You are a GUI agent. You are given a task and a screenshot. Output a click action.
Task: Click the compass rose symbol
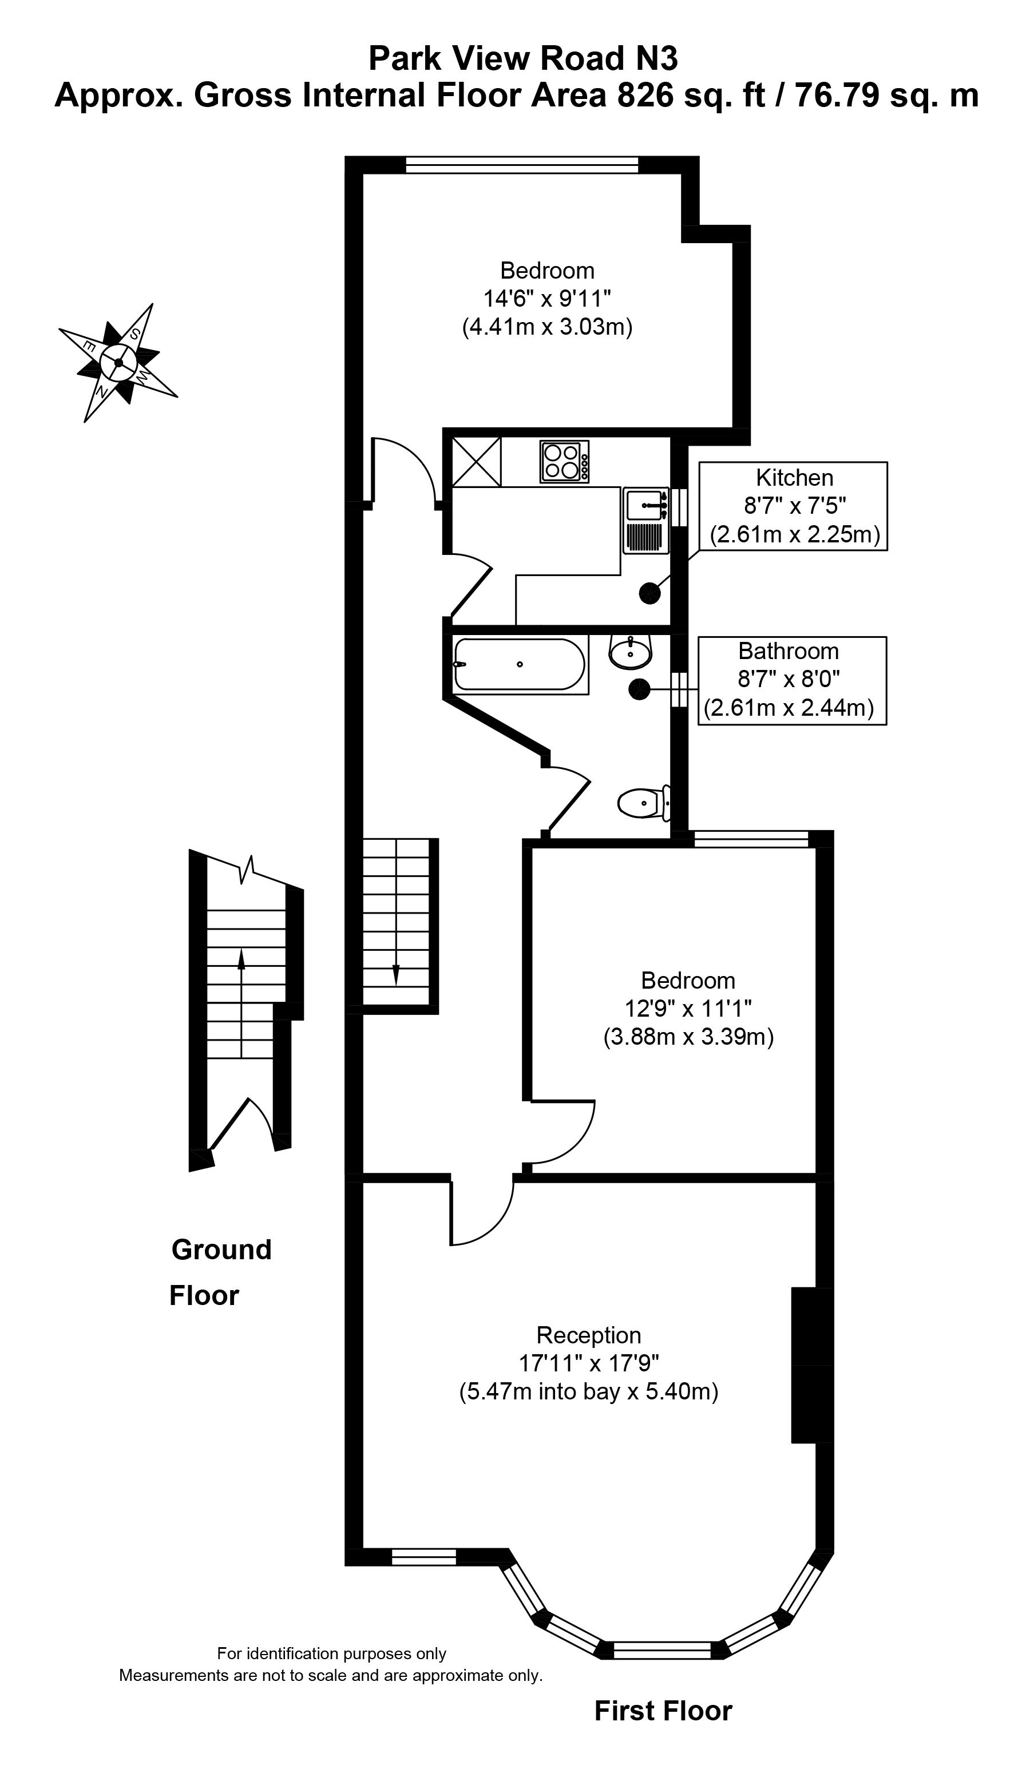118,362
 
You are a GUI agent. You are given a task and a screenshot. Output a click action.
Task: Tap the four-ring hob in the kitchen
565,461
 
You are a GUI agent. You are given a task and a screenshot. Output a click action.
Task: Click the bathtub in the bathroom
520,664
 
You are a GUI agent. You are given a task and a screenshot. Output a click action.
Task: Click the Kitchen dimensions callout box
793,506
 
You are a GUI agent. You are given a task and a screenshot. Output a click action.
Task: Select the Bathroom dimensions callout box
791,680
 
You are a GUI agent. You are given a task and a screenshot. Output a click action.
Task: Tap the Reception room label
588,1335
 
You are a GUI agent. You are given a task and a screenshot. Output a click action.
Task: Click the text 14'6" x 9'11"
546,299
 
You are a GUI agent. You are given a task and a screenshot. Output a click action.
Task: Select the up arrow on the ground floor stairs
241,961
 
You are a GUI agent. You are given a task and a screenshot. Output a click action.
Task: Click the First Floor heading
663,1711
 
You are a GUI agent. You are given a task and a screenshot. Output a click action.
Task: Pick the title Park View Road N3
523,58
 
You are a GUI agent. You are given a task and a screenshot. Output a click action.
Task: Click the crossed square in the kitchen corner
476,461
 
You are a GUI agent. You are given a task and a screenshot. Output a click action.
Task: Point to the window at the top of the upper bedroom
522,164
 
